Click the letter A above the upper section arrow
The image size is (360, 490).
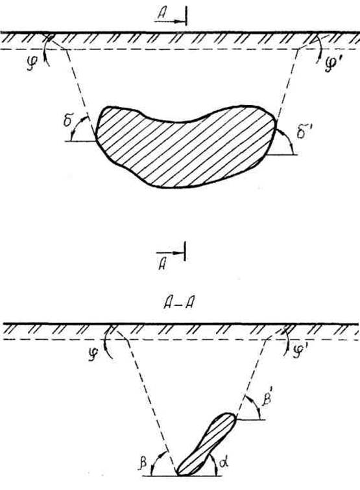[x=162, y=14]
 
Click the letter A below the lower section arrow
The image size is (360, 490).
[x=162, y=264]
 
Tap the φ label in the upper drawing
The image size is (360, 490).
[x=31, y=64]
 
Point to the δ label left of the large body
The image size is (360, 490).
[x=67, y=121]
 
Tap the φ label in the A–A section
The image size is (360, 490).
[x=93, y=355]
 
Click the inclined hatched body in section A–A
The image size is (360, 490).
[x=206, y=445]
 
